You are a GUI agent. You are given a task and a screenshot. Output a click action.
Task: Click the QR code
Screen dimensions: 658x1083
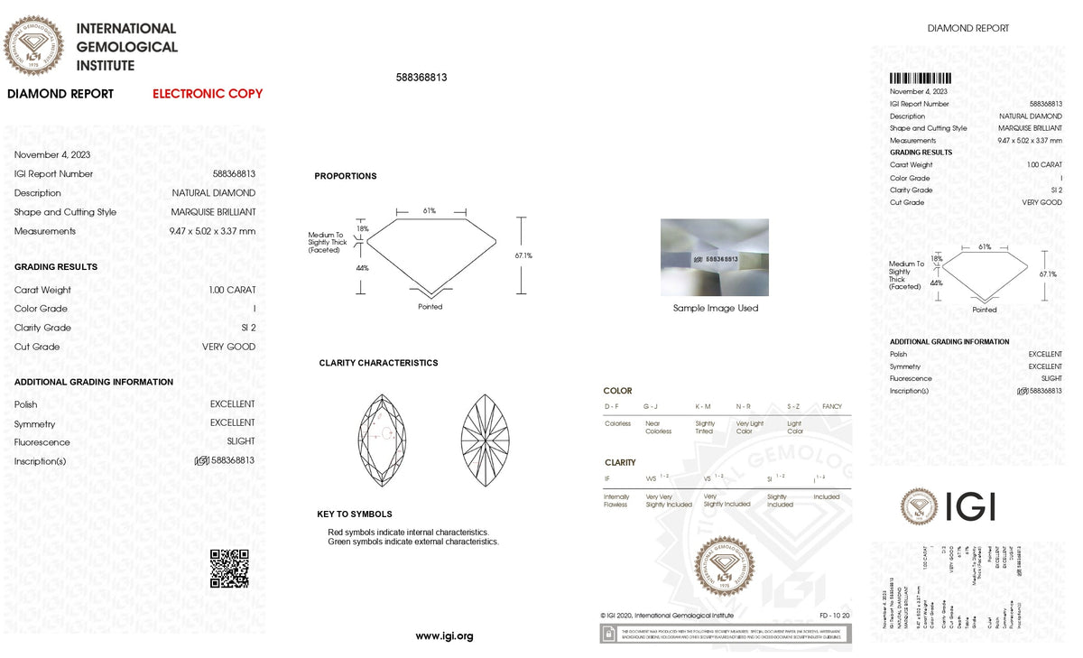pyautogui.click(x=229, y=568)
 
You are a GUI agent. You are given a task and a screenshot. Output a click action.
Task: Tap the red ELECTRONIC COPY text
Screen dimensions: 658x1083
pyautogui.click(x=208, y=94)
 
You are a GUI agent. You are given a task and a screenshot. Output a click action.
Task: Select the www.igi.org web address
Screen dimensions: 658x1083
pyautogui.click(x=444, y=636)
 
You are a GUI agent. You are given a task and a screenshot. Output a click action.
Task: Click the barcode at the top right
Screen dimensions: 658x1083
pyautogui.click(x=921, y=79)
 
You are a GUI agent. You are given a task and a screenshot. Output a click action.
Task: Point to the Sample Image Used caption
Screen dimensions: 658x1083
pyautogui.click(x=716, y=309)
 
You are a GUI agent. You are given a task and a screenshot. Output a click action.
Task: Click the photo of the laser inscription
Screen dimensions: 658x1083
pyautogui.click(x=715, y=257)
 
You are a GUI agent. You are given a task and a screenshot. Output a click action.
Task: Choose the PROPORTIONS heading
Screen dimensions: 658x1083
pyautogui.click(x=346, y=176)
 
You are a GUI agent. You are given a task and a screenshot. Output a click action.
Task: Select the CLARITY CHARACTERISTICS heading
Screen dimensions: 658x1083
pyautogui.click(x=378, y=363)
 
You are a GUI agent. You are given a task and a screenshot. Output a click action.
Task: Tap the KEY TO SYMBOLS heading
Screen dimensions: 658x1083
pyautogui.click(x=355, y=514)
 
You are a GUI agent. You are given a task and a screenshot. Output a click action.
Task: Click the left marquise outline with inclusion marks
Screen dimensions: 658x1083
pyautogui.click(x=382, y=440)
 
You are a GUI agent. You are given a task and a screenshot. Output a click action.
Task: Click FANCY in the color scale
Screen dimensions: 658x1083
pyautogui.click(x=831, y=407)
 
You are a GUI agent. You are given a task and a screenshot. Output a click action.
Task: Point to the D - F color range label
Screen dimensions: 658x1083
pyautogui.click(x=612, y=407)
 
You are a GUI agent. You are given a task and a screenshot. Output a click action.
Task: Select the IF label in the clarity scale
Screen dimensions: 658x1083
pyautogui.click(x=606, y=477)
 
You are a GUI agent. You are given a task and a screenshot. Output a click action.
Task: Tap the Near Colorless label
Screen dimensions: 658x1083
pyautogui.click(x=658, y=427)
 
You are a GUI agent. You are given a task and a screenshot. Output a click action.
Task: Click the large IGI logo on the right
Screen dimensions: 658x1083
pyautogui.click(x=948, y=506)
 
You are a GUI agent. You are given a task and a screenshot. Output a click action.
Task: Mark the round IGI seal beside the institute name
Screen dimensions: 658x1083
pyautogui.click(x=34, y=46)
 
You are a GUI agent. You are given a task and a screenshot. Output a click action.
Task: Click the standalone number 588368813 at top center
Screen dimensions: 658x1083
pyautogui.click(x=421, y=78)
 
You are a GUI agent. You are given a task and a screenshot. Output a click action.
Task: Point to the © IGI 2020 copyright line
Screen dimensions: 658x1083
pyautogui.click(x=667, y=616)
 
